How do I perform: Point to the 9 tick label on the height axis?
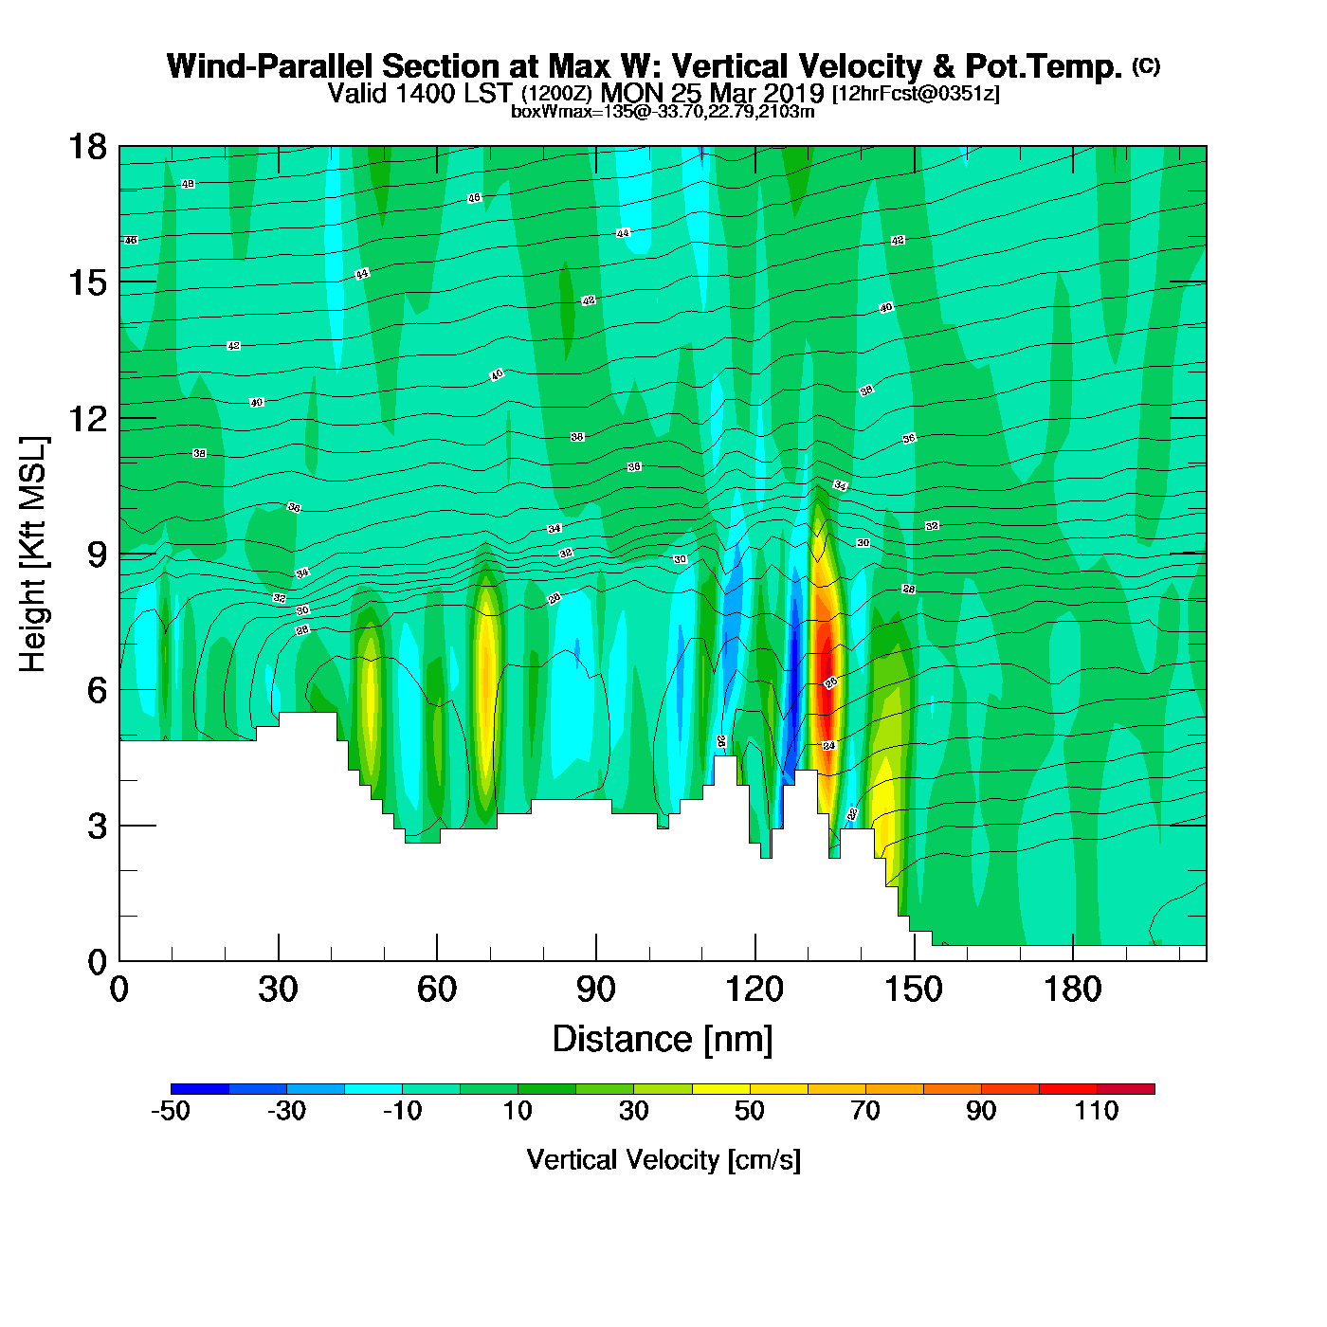97,554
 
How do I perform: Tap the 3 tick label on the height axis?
97,827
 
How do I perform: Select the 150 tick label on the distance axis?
914,991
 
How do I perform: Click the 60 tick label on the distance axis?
437,991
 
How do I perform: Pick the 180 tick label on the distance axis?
1073,991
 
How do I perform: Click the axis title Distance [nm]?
663,1040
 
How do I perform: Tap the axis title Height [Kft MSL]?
33,554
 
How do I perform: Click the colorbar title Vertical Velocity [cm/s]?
663,1159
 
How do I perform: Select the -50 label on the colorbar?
171,1111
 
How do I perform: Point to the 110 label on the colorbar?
1097,1111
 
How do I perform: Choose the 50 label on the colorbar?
750,1111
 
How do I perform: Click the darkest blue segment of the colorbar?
200,1088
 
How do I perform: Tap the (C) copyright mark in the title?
1146,65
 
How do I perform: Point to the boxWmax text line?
663,111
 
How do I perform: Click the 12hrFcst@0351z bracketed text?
916,93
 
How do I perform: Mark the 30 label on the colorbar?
634,1111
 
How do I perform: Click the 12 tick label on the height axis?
86,418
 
